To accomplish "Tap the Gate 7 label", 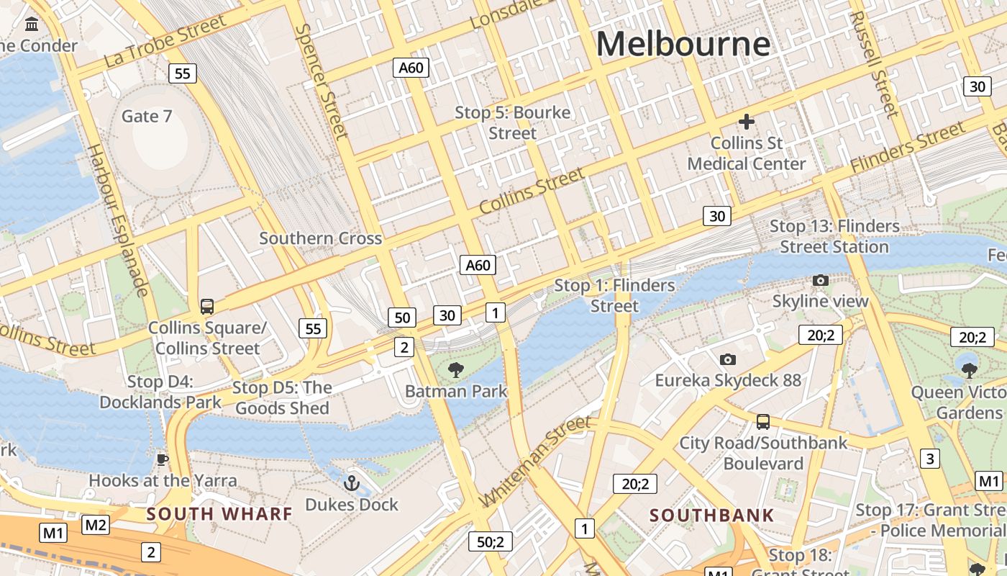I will click(147, 116).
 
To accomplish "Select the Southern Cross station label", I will click(320, 238).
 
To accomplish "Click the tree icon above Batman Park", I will click(455, 371).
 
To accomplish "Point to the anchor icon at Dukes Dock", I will click(352, 483).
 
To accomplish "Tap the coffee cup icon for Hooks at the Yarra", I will click(163, 459).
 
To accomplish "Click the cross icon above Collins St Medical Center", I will click(746, 122).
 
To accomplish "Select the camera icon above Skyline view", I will click(820, 280).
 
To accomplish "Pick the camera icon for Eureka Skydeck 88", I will click(728, 359).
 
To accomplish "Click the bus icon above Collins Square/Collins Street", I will click(207, 307).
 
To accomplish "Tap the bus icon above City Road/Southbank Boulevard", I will click(763, 422).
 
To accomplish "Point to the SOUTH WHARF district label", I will click(219, 514).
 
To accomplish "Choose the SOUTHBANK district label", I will click(711, 516).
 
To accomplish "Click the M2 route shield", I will click(96, 525).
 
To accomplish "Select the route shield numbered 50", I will click(402, 318).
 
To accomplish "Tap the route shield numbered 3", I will click(930, 459).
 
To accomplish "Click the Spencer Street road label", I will click(322, 81).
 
